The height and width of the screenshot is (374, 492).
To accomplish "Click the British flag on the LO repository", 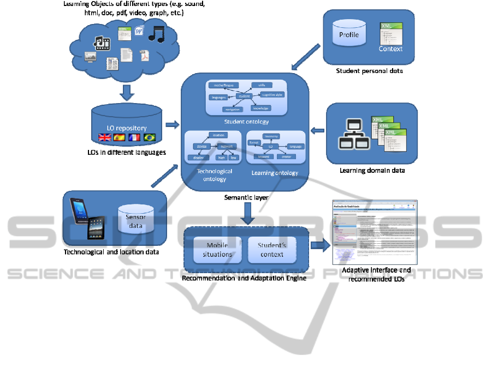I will click(103, 137).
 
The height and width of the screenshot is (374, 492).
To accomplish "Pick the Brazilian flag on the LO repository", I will click(149, 137).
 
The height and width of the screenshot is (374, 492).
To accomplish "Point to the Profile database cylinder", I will click(349, 35).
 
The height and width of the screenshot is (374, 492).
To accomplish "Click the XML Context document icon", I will click(391, 38).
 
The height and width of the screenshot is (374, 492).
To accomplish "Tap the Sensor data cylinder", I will click(135, 221).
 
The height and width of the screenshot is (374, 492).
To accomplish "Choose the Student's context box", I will click(271, 250).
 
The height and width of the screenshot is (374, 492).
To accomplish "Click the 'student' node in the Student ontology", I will click(244, 96).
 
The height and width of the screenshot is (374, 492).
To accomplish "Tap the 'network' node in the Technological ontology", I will click(226, 147).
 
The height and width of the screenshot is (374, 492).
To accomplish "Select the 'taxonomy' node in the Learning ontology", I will click(271, 136).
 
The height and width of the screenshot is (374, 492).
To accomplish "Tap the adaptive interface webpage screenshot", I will click(375, 232).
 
